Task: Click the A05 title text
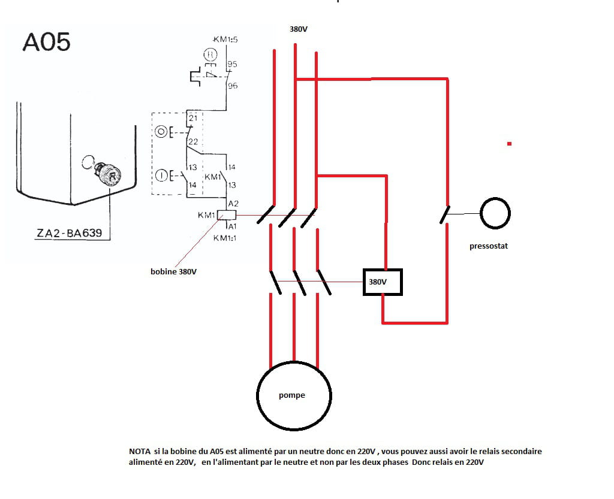(46, 42)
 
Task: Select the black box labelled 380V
(383, 282)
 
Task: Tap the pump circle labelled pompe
(294, 395)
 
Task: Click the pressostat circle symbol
(495, 213)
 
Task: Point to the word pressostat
(489, 246)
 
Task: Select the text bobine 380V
(173, 271)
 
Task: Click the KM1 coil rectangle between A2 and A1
(229, 215)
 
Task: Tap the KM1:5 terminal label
(226, 40)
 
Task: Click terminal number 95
(232, 63)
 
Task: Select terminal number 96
(232, 86)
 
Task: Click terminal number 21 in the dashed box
(192, 119)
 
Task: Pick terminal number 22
(192, 141)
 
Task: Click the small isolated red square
(509, 144)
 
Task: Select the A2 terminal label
(233, 204)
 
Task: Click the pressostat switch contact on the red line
(445, 214)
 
